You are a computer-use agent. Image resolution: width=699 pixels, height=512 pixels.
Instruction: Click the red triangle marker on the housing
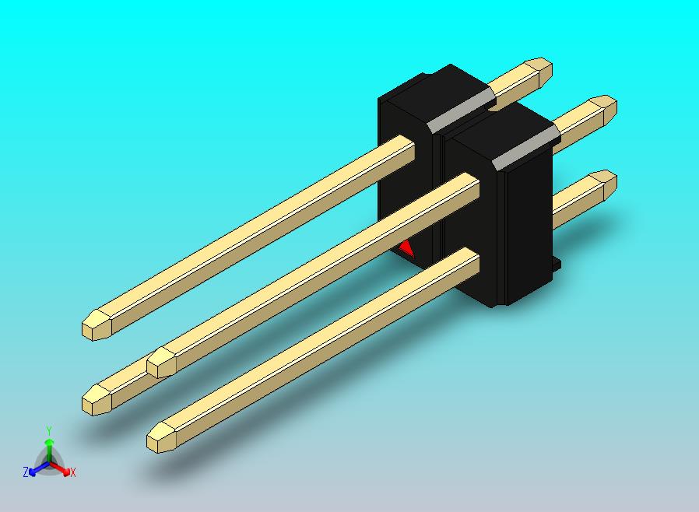(407, 250)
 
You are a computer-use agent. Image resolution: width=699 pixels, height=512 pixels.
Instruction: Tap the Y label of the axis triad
(50, 430)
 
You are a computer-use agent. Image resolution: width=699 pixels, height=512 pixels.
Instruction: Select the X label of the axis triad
(73, 472)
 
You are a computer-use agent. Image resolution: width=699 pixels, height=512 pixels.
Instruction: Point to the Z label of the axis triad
(26, 472)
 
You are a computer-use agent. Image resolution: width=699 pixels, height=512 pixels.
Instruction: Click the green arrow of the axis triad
(50, 449)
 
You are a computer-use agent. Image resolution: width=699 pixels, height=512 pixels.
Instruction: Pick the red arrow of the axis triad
(61, 468)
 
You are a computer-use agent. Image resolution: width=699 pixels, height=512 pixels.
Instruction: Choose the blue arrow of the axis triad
(39, 468)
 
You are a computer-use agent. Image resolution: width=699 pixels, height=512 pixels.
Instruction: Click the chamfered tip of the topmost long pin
(97, 324)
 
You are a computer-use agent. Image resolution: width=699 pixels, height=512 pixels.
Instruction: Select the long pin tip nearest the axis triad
(97, 400)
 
